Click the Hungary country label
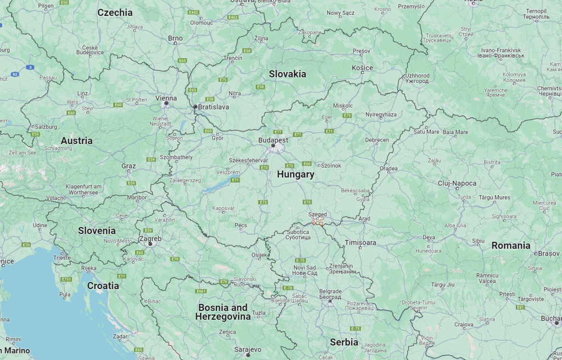(296, 174)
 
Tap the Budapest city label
(273, 140)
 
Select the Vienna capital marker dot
(166, 103)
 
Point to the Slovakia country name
(287, 74)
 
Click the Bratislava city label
(213, 107)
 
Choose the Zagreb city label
(150, 239)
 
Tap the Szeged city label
(318, 214)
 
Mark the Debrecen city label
(377, 140)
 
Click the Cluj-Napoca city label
(457, 183)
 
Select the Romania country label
(510, 245)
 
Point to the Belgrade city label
(330, 291)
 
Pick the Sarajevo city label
(248, 349)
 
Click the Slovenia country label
(97, 230)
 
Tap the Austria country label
(76, 141)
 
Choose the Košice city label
(362, 68)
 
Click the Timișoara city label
(360, 242)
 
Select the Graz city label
(129, 165)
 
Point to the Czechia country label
(115, 12)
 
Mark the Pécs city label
(240, 225)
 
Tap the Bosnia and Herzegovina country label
(223, 312)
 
